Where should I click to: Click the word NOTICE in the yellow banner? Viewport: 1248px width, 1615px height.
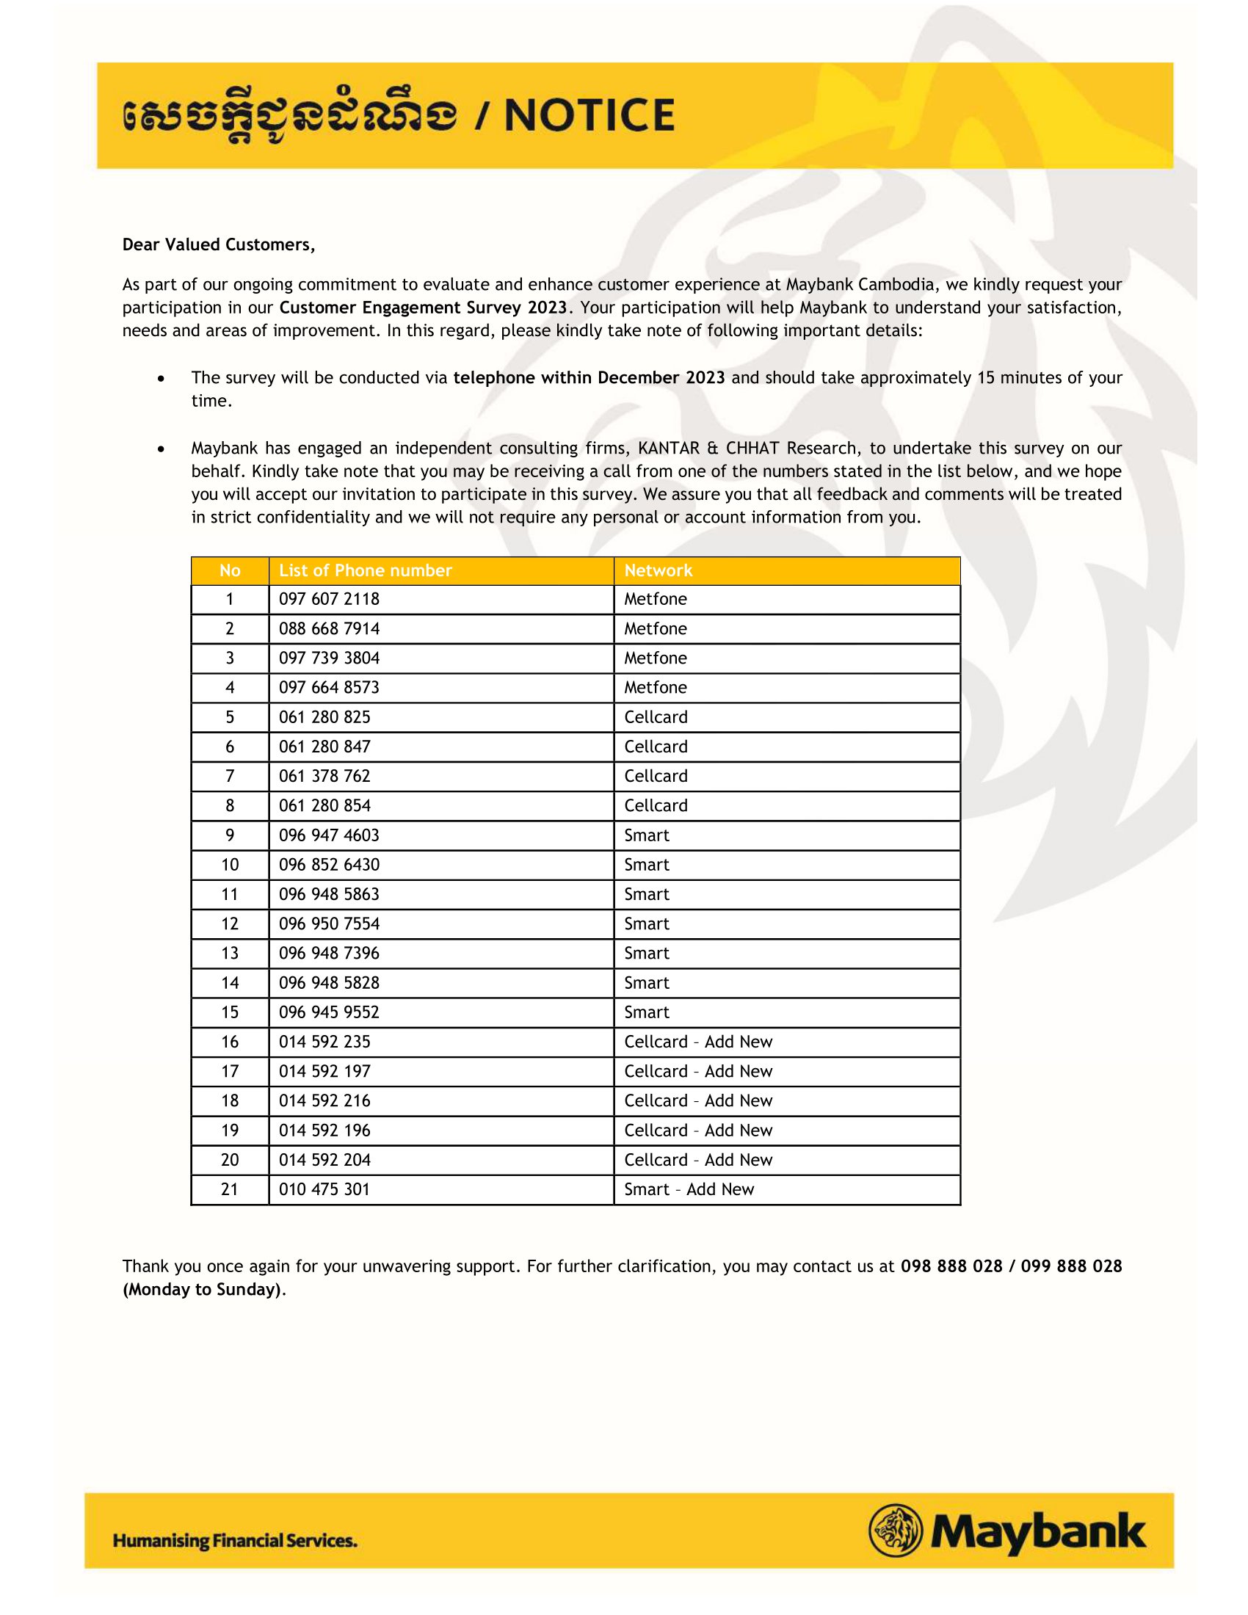pyautogui.click(x=589, y=115)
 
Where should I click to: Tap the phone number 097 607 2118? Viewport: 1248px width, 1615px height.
pyautogui.click(x=329, y=599)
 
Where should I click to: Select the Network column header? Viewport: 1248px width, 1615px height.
pyautogui.click(x=658, y=570)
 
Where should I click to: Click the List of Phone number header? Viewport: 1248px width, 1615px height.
pyautogui.click(x=366, y=570)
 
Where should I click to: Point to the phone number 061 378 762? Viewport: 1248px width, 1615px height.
pyautogui.click(x=324, y=776)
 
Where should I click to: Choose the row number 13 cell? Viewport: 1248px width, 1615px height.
pyautogui.click(x=230, y=953)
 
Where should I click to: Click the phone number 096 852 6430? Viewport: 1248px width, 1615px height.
pyautogui.click(x=329, y=865)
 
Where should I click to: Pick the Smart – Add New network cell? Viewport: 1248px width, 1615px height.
pyautogui.click(x=689, y=1189)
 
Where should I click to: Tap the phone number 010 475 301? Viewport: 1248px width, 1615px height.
pyautogui.click(x=324, y=1189)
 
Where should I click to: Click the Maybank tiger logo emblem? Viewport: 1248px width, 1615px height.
pyautogui.click(x=896, y=1531)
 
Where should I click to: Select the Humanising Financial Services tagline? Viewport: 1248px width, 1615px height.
pyautogui.click(x=235, y=1541)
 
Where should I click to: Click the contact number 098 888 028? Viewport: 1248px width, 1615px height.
pyautogui.click(x=951, y=1266)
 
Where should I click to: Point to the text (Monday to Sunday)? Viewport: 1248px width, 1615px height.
pyautogui.click(x=203, y=1290)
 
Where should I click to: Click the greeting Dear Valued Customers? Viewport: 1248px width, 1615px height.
pyautogui.click(x=219, y=244)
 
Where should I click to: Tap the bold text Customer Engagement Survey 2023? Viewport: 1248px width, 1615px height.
pyautogui.click(x=423, y=308)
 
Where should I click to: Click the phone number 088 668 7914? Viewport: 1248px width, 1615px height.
pyautogui.click(x=329, y=628)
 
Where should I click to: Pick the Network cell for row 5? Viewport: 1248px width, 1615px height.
pyautogui.click(x=656, y=717)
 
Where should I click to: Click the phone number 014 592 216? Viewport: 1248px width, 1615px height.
pyautogui.click(x=324, y=1100)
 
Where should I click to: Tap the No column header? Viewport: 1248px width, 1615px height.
pyautogui.click(x=230, y=570)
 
